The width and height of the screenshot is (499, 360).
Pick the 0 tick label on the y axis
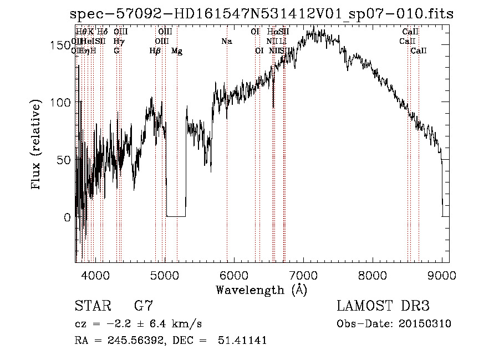pyautogui.click(x=67, y=217)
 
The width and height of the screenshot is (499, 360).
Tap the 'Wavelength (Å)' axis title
pyautogui.click(x=261, y=290)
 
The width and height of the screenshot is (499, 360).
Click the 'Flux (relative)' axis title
pyautogui.click(x=37, y=145)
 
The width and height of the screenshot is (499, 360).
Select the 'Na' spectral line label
pyautogui.click(x=226, y=42)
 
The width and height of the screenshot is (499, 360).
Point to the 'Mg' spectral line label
pyautogui.click(x=177, y=51)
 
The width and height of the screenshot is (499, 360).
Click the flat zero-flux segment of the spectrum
pyautogui.click(x=176, y=216)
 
